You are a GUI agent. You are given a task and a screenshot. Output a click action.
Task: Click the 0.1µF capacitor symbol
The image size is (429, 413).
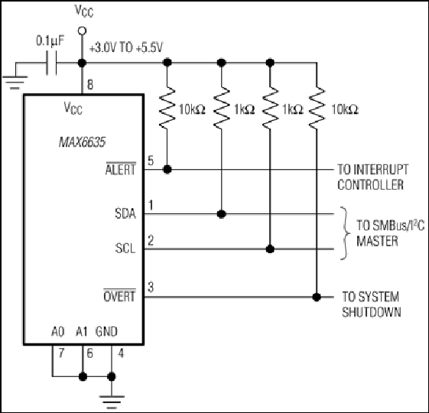(x=51, y=63)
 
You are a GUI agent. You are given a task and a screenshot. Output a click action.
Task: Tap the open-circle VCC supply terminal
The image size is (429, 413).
(x=82, y=31)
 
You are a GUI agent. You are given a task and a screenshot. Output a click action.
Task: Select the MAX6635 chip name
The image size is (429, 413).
(x=82, y=142)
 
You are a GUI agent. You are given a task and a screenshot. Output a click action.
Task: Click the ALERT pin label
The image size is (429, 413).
(x=121, y=169)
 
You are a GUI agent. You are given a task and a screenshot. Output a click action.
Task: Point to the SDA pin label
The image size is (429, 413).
(x=125, y=213)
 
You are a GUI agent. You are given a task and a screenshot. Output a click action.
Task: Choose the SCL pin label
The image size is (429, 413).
(x=125, y=249)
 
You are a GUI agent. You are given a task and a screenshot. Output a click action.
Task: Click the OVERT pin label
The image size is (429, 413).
(x=119, y=296)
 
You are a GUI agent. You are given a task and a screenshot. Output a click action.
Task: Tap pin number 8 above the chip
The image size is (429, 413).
(x=90, y=84)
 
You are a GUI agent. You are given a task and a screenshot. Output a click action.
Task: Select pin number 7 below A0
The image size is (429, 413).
(x=61, y=353)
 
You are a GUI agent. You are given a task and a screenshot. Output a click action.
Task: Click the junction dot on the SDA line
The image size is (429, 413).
(x=221, y=213)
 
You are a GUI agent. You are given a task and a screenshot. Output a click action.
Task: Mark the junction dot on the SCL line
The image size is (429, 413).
(x=270, y=249)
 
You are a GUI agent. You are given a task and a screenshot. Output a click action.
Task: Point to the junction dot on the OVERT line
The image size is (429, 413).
(x=317, y=297)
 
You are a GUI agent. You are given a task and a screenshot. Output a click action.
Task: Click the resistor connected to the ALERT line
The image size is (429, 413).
(x=167, y=108)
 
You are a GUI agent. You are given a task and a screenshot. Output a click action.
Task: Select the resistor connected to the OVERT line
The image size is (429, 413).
(x=317, y=108)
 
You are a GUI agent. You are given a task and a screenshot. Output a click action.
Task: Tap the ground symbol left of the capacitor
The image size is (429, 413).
(x=15, y=82)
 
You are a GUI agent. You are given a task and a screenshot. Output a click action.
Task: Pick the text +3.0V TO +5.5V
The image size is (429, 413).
(x=126, y=48)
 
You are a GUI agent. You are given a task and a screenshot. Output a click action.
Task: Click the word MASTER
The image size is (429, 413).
(x=377, y=241)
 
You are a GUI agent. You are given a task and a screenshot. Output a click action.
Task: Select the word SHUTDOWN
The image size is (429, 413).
(x=372, y=312)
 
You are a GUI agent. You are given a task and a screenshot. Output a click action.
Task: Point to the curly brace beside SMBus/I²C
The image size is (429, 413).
(x=346, y=233)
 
